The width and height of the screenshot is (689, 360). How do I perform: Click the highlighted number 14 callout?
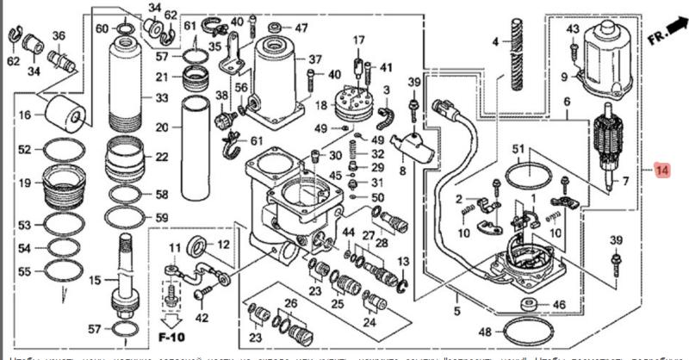coord(661,171)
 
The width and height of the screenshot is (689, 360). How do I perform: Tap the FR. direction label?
coord(660,38)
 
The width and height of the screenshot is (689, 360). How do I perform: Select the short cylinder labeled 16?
coord(65,112)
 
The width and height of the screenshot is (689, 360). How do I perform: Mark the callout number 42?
coord(203,318)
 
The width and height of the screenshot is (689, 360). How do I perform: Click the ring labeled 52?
coord(64,150)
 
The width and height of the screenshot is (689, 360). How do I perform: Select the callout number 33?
coord(161,97)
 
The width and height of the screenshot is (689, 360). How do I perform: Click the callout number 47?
coord(301,28)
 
